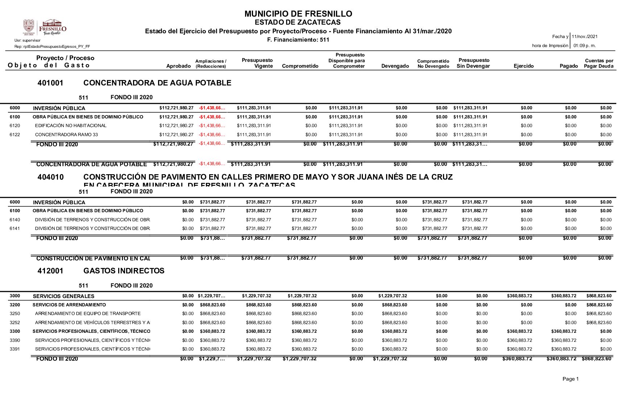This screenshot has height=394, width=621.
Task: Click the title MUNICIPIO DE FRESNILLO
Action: coord(298,14)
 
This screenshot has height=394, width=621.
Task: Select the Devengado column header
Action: coord(395,66)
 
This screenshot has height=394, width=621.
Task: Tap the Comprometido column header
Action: coord(300,66)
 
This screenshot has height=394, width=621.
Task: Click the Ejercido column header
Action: coord(523,66)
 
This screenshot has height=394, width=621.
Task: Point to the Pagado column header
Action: coord(568,66)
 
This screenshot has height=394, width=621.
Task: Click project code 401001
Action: coord(50,83)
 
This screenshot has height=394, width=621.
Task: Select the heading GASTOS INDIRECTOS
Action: coord(124,271)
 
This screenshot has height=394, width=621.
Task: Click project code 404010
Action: coord(50,177)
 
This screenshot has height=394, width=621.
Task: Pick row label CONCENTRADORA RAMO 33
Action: coord(66,135)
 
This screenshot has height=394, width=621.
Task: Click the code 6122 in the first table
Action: coord(15,135)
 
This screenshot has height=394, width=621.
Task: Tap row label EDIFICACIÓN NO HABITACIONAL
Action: coord(71,126)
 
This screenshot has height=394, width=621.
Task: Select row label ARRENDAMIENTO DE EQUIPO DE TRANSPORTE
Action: coord(88,314)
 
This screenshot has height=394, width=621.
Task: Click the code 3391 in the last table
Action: coord(15,349)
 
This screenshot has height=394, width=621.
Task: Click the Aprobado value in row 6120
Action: coord(176,126)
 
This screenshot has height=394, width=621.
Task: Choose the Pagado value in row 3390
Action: coord(563,340)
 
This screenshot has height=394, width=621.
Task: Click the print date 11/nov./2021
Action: coord(584,37)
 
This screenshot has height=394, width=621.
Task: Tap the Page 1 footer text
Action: coord(570,379)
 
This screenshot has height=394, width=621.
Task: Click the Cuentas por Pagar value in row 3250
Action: coord(599,314)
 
